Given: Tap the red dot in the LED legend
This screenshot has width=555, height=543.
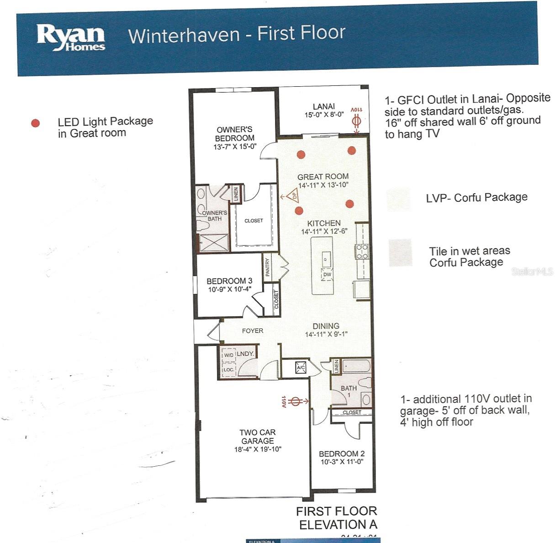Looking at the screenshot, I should (35, 123).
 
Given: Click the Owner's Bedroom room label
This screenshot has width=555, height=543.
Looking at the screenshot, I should (235, 134).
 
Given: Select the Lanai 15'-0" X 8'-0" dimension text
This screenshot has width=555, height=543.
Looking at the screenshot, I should (324, 115).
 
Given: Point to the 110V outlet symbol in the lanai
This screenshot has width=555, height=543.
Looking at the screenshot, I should (357, 121).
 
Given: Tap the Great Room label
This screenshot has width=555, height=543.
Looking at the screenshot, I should (323, 177).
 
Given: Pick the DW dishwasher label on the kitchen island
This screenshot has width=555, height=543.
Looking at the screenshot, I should (327, 274).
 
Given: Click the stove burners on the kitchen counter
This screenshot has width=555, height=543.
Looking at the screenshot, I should (362, 252).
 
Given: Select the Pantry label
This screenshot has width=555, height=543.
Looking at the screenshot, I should (268, 268).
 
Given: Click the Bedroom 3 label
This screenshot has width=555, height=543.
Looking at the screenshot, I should (229, 281).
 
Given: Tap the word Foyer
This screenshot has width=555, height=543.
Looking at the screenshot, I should (253, 331).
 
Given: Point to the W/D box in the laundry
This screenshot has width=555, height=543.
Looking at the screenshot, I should (228, 355).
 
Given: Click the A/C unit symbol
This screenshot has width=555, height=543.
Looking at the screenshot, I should (301, 368).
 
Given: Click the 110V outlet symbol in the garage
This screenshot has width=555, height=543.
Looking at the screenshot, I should (296, 401).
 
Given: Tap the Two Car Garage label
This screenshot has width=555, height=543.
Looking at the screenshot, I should (258, 437).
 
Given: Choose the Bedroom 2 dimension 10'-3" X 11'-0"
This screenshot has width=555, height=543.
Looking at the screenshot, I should (342, 462).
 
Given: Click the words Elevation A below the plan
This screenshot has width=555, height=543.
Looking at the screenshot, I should (338, 525).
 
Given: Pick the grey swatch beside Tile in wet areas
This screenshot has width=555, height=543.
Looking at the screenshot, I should (400, 253).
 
